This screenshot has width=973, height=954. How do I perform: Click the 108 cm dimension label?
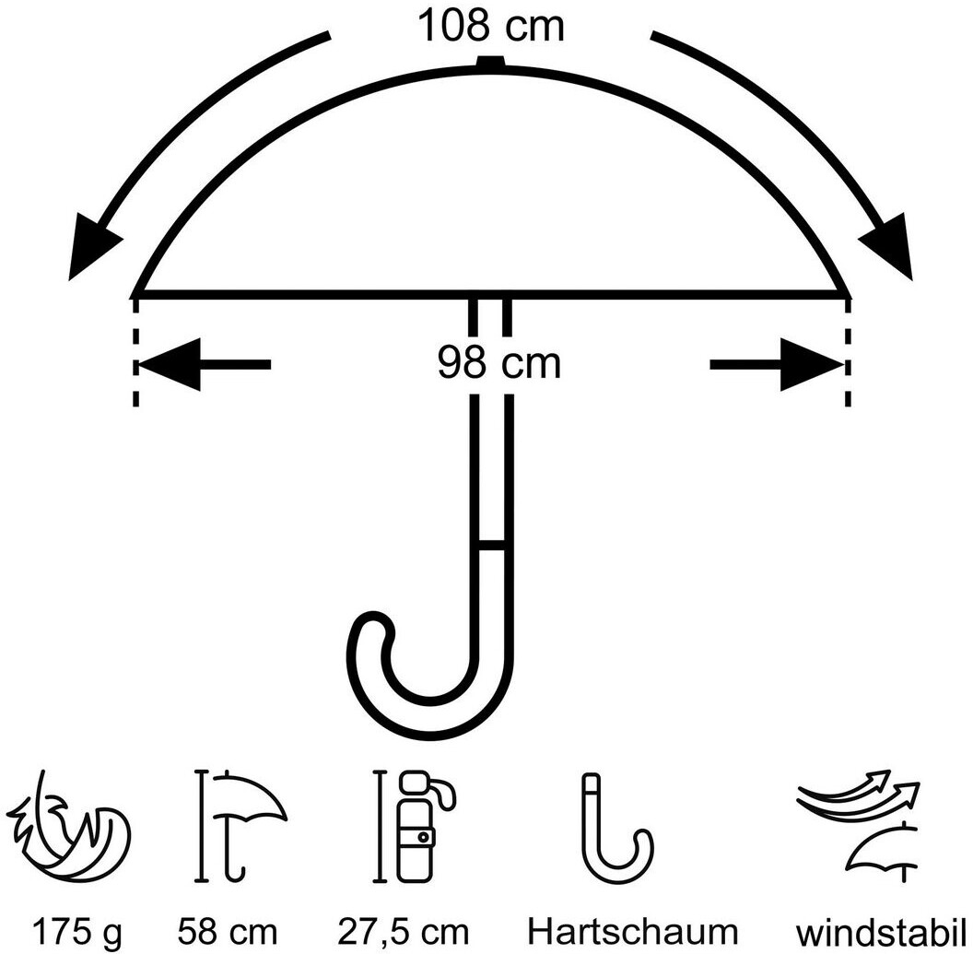coord(490,25)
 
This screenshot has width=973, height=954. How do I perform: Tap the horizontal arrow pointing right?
coord(776,365)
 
